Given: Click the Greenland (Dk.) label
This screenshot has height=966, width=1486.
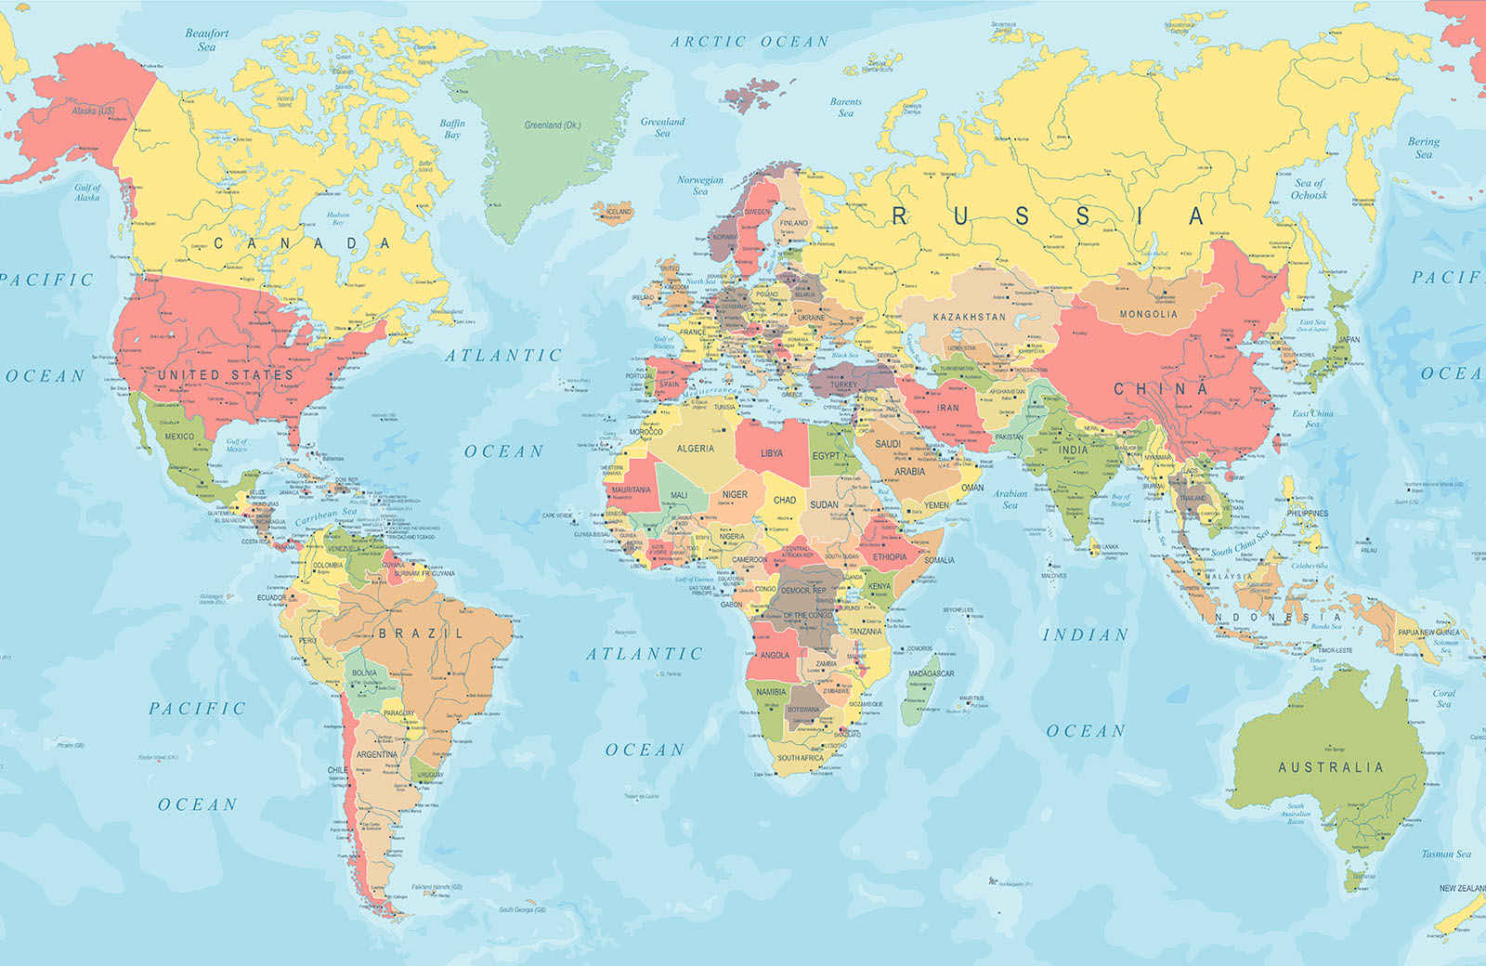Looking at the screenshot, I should pyautogui.click(x=552, y=125).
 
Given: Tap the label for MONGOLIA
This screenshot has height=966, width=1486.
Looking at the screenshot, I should pyautogui.click(x=1148, y=314).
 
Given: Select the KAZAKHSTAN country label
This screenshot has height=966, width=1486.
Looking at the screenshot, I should pyautogui.click(x=969, y=317).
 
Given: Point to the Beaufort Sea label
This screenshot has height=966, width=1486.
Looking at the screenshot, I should pyautogui.click(x=206, y=40).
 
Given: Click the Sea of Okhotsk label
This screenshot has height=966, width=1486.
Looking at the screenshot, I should pyautogui.click(x=1309, y=189).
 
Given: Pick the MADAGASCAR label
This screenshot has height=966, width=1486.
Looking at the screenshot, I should pyautogui.click(x=931, y=673).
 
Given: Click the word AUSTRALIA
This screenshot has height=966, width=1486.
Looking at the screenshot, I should pyautogui.click(x=1330, y=767).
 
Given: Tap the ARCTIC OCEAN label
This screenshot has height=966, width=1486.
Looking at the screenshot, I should pyautogui.click(x=750, y=42).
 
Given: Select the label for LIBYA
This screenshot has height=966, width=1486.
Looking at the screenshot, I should pyautogui.click(x=772, y=453).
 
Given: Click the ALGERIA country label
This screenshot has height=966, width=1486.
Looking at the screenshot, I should pyautogui.click(x=695, y=449).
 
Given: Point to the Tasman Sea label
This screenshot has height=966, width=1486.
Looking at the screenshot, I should pyautogui.click(x=1445, y=854).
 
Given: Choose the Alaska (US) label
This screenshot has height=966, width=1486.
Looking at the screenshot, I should pyautogui.click(x=93, y=111).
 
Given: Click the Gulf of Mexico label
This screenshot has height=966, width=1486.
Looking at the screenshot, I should pyautogui.click(x=237, y=445).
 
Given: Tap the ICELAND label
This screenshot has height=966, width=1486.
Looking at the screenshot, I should pyautogui.click(x=619, y=212).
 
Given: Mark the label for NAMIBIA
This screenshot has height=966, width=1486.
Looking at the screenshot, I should pyautogui.click(x=771, y=692).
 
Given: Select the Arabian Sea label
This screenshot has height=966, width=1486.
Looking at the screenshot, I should pyautogui.click(x=1010, y=499).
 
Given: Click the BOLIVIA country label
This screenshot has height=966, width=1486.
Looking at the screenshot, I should pyautogui.click(x=365, y=672).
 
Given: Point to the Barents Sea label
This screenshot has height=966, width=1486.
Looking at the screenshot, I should pyautogui.click(x=845, y=108).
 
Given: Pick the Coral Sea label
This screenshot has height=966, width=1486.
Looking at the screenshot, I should pyautogui.click(x=1443, y=698).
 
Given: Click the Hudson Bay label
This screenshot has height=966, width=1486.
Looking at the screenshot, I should pyautogui.click(x=338, y=218).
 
